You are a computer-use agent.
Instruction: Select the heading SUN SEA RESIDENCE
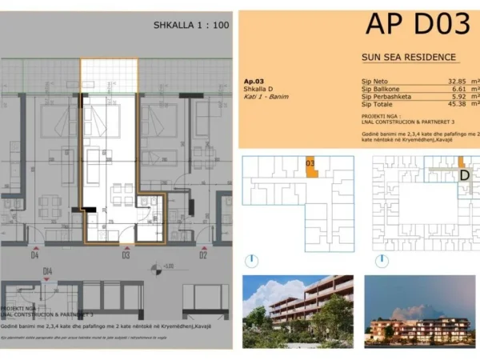(409, 58)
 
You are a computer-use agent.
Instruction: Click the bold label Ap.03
(254, 82)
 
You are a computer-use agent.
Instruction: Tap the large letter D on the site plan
(463, 175)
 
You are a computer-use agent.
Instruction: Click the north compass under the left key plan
(252, 261)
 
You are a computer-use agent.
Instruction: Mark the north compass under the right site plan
(387, 261)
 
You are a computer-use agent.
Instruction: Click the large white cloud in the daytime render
(265, 290)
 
